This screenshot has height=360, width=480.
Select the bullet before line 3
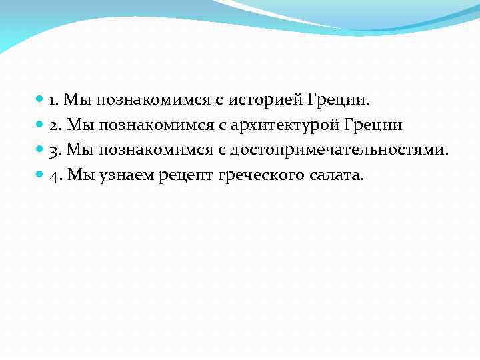tap(41, 151)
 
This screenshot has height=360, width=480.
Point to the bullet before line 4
tap(41, 176)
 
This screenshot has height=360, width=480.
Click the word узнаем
tap(127, 177)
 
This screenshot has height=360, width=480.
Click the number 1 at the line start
tap(53, 101)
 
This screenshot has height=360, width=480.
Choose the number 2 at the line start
tap(54, 126)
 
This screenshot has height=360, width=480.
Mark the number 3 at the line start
tap(54, 151)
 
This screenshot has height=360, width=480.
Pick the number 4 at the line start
tap(54, 177)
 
